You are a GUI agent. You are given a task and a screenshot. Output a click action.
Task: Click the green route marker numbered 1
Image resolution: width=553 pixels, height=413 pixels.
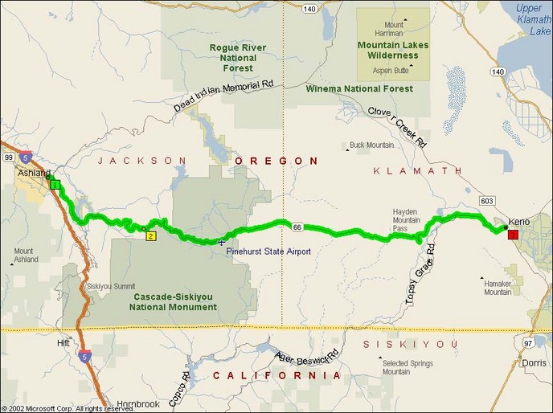coord(55,186)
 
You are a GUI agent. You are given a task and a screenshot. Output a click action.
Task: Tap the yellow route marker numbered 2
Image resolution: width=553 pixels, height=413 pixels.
coord(150,236)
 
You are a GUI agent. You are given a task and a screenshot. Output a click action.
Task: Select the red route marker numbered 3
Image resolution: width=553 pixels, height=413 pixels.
coord(512,235)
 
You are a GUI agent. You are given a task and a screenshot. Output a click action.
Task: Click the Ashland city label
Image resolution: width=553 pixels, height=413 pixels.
coord(34,174)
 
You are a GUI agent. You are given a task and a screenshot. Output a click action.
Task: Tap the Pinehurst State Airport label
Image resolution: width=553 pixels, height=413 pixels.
coord(268,251)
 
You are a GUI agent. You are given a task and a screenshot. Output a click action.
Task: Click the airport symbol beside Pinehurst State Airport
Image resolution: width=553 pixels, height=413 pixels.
coord(221,242)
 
